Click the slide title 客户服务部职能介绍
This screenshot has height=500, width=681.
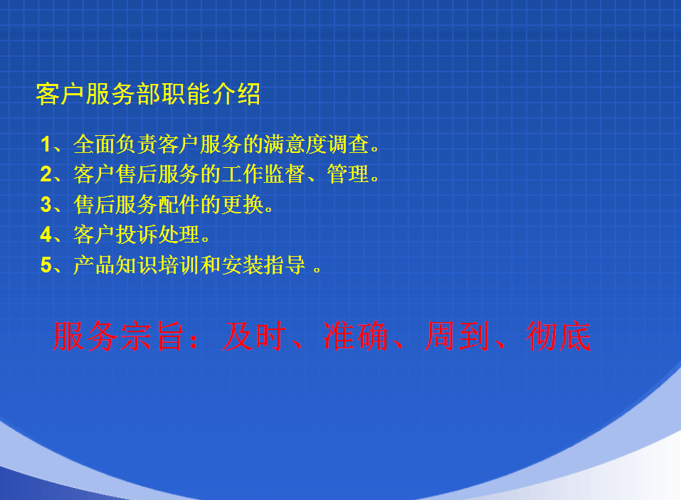[148, 94]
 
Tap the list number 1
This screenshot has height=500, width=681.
[46, 144]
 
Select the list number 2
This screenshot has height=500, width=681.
[46, 174]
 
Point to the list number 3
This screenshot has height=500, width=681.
[46, 204]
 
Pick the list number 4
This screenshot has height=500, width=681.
[46, 235]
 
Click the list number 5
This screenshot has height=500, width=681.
[46, 265]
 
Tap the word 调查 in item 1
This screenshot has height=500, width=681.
[348, 144]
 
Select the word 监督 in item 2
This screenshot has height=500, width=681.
[285, 174]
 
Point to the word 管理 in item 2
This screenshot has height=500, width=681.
[348, 174]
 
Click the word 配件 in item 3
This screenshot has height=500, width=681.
[179, 204]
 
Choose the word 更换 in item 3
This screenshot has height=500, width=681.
[243, 204]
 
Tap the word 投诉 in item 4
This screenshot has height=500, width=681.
[137, 235]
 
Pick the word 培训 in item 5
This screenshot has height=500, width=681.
[179, 265]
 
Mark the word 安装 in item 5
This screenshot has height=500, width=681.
[243, 265]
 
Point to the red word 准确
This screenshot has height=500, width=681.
[356, 336]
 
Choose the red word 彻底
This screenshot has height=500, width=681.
[559, 336]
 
